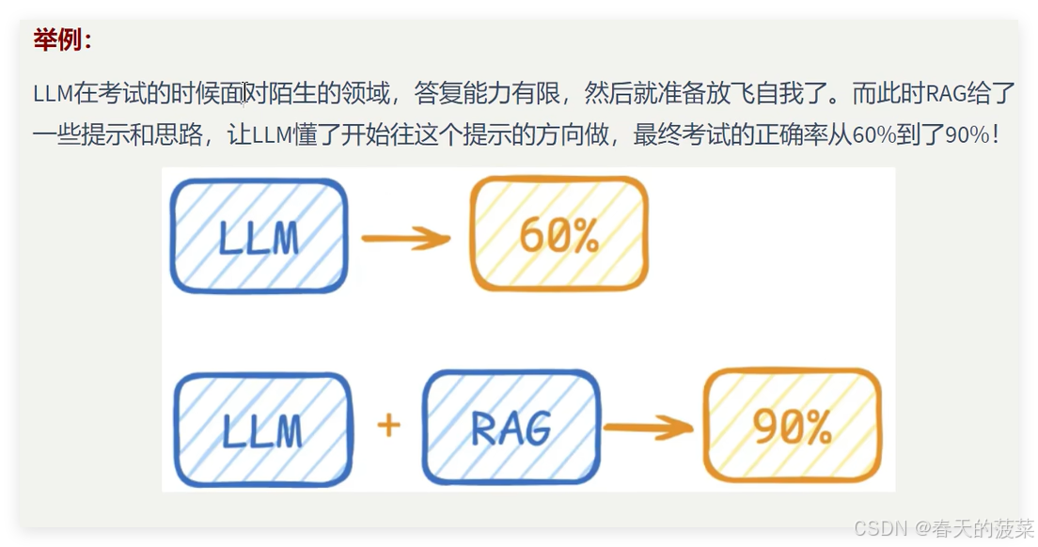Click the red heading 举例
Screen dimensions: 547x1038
point(62,40)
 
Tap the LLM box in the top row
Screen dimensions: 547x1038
point(259,236)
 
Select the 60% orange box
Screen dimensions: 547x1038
point(558,235)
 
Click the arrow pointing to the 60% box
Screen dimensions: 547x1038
point(406,239)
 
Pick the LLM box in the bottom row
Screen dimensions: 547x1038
point(262,429)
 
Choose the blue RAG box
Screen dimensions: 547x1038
point(511,428)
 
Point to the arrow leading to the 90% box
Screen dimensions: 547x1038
point(648,430)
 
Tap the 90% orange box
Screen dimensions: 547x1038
point(793,427)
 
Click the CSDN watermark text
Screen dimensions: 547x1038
point(878,527)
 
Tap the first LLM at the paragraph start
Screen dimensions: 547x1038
point(53,94)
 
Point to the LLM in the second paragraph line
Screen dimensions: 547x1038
point(273,135)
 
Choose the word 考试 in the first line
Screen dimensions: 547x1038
point(116,94)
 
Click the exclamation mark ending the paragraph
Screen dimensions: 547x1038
point(996,135)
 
